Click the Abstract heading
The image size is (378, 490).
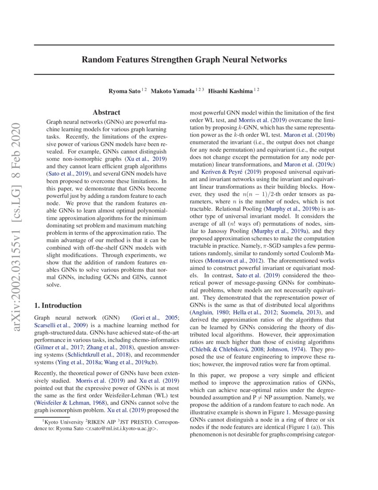coord(106,113)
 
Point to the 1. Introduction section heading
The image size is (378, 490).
coord(58,306)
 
